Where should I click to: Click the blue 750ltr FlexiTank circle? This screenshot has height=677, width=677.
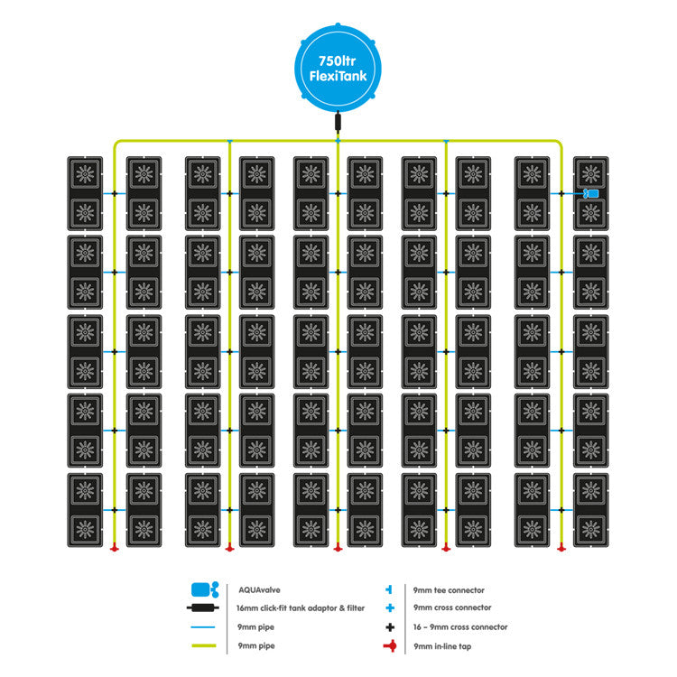coord(338,62)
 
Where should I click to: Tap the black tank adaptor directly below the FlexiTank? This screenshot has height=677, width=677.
coord(338,121)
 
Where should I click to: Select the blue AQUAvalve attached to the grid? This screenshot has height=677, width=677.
coord(592,194)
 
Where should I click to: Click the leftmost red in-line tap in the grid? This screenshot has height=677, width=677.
coord(115,548)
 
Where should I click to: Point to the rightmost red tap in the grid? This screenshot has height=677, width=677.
coord(561,548)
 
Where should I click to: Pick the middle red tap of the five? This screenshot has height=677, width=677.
coord(338,548)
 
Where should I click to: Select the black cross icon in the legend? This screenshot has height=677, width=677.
coord(388,626)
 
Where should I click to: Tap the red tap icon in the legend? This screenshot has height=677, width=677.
coord(388,646)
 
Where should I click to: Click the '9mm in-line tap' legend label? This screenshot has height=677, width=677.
coord(441,645)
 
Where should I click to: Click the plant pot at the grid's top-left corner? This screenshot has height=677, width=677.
coord(86,174)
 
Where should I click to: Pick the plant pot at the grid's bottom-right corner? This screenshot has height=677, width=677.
coord(591,528)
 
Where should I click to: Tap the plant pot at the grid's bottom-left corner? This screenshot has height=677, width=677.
coord(86,528)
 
